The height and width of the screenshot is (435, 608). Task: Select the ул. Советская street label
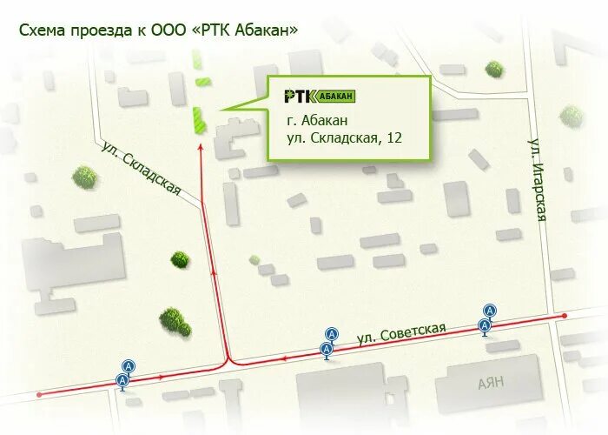click(x=401, y=331)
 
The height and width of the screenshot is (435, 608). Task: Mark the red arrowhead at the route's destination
click(x=202, y=148)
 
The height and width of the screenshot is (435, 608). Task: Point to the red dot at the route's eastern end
click(x=565, y=316)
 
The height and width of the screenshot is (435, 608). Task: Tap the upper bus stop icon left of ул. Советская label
click(x=331, y=334)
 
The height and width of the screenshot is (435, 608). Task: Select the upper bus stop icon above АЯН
click(x=490, y=311)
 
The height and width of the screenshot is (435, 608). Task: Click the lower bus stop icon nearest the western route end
click(x=123, y=380)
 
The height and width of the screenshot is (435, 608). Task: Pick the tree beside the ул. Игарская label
click(x=570, y=115)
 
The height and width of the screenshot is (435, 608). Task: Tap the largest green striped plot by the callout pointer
click(x=197, y=119)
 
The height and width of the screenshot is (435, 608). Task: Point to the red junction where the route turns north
click(x=228, y=361)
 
